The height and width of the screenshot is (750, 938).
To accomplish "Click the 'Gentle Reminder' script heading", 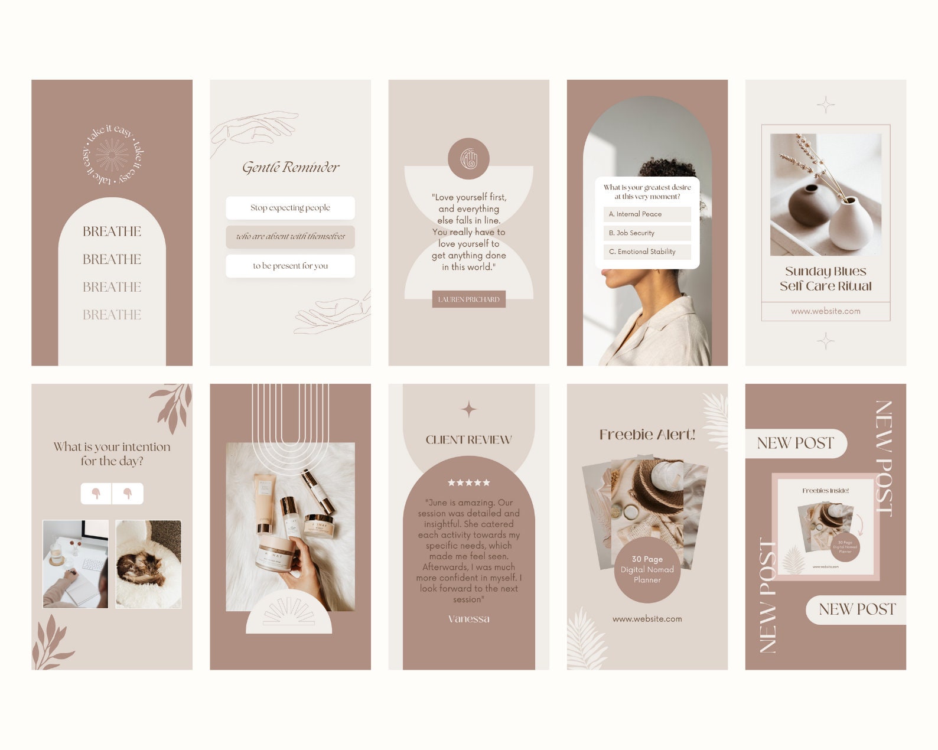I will click(x=291, y=168).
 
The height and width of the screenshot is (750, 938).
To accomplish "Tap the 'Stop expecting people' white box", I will click(x=290, y=208).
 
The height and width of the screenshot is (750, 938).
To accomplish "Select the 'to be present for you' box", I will click(x=290, y=266).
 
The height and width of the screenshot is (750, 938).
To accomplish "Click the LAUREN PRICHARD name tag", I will click(x=468, y=299).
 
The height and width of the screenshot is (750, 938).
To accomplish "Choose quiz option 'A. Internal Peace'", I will click(x=647, y=214).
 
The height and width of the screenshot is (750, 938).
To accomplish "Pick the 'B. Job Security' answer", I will click(x=647, y=233).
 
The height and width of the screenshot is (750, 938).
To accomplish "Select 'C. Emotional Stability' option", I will click(x=647, y=252).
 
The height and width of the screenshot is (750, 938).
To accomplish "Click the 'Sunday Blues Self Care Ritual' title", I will click(x=825, y=279).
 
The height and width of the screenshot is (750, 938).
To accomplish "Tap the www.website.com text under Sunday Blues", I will click(x=825, y=311).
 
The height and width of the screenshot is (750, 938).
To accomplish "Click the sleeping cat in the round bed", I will click(x=142, y=568).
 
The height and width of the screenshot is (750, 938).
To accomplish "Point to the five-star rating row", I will click(x=468, y=482).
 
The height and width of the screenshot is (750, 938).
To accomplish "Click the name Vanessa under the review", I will click(x=468, y=619).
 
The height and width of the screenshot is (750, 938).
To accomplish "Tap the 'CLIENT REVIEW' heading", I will click(x=468, y=440).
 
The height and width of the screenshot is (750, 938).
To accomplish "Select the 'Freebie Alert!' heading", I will click(x=647, y=435).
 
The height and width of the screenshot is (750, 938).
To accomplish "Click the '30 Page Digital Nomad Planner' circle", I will click(x=647, y=569).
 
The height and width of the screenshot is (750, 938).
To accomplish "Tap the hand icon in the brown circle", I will click(x=468, y=159).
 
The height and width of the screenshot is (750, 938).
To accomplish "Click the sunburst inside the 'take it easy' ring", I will click(x=112, y=155).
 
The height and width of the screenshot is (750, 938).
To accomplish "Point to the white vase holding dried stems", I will click(x=851, y=224).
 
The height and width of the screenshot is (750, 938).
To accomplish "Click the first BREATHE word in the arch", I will click(x=112, y=231).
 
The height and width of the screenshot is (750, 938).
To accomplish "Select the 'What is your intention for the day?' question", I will click(x=112, y=454).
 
